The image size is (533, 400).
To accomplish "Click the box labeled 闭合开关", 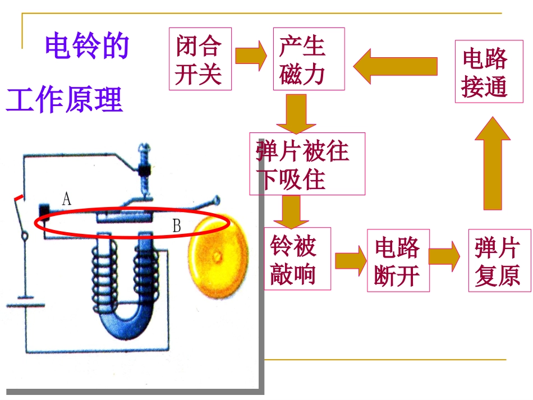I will coord(200,59).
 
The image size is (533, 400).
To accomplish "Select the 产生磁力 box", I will coord(309,59).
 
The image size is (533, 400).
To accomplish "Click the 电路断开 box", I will coord(398,260).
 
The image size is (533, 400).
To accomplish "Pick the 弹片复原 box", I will coord(499,260).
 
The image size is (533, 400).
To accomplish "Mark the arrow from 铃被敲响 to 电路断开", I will coord(350,260).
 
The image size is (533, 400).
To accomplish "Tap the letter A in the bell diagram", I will coord(66,197).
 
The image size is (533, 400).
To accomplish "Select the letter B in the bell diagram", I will coord(176,226).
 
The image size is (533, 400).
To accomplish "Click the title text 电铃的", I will coord(88,46).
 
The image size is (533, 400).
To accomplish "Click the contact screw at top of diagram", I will coord(144,168).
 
